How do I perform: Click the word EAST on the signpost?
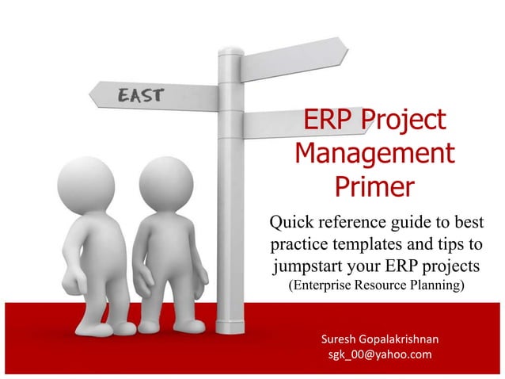click(x=142, y=96)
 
